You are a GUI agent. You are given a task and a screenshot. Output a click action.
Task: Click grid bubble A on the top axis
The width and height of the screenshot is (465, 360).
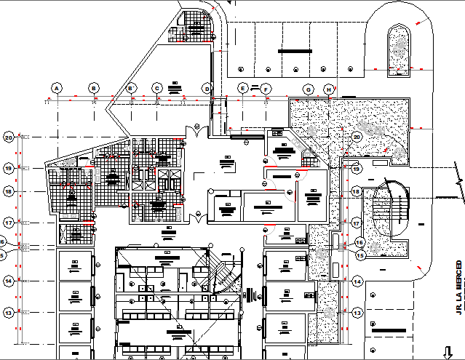click(x=55, y=88)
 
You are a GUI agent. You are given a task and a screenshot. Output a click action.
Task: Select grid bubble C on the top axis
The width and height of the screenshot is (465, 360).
click(x=156, y=88)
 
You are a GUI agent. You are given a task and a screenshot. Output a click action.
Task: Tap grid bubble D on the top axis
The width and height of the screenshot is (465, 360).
click(x=207, y=88)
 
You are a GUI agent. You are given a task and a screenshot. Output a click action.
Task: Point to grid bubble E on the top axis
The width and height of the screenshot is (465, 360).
click(x=242, y=88)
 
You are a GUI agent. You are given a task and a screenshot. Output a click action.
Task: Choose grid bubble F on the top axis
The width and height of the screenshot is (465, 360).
click(x=267, y=89)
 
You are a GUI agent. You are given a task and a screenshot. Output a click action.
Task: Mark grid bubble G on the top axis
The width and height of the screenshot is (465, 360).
click(x=309, y=89)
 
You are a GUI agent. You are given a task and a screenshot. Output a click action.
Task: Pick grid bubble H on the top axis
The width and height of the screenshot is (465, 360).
click(x=330, y=89)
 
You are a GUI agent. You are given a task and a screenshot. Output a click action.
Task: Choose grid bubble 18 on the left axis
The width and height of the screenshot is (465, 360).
click(x=9, y=191)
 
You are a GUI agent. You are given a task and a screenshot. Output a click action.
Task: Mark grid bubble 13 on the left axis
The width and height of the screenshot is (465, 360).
click(x=9, y=312)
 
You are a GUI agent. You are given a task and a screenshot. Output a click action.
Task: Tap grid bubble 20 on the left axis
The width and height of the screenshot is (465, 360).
click(x=9, y=136)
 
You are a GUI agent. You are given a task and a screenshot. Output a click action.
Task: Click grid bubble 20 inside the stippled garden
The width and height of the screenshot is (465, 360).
click(x=357, y=136)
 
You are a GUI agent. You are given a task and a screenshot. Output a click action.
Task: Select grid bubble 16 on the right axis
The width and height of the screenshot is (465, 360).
click(x=359, y=242)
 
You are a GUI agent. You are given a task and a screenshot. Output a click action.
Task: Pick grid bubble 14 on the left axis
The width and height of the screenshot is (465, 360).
click(x=9, y=280)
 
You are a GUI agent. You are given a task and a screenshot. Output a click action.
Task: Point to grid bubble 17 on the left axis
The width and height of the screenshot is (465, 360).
click(x=9, y=222)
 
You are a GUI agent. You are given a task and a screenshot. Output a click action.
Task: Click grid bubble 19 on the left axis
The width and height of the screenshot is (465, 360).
click(x=9, y=168)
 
